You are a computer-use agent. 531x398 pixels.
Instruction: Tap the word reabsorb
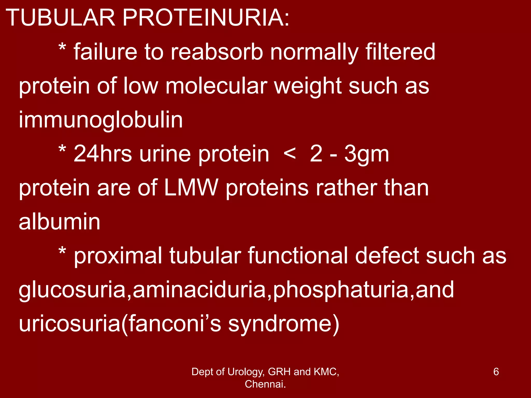coord(217,52)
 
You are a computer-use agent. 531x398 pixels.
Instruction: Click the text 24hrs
coord(103,154)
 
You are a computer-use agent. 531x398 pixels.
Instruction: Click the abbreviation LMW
coord(191,188)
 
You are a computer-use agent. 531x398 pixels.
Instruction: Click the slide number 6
coord(496,372)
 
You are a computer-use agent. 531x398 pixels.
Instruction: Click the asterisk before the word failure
coord(62,48)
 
